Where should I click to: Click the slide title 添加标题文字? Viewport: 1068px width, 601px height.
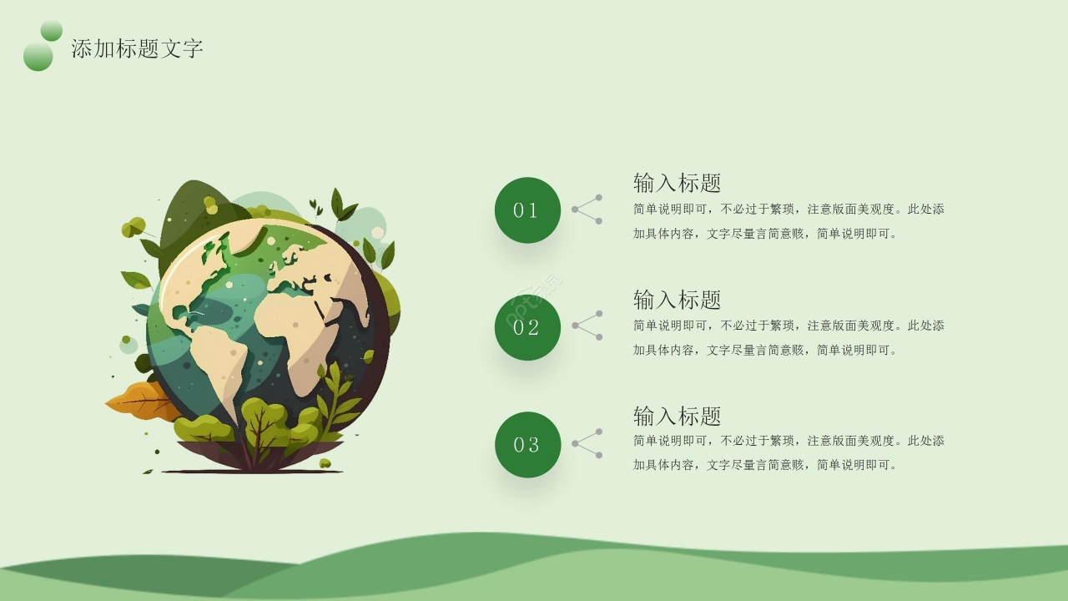point(137,48)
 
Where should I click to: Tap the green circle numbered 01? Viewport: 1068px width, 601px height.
point(527,210)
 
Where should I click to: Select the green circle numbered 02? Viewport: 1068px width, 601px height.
point(527,327)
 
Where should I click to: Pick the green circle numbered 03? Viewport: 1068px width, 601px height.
point(527,445)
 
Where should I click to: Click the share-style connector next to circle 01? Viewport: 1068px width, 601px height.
point(587,210)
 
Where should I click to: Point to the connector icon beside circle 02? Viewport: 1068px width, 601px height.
point(587,326)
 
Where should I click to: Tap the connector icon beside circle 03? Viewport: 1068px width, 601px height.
point(587,443)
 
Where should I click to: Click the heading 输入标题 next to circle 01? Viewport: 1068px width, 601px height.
point(677,183)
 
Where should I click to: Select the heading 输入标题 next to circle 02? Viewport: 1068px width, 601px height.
point(677,300)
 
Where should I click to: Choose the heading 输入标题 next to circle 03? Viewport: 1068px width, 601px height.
point(677,416)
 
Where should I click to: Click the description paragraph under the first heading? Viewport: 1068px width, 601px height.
point(788,221)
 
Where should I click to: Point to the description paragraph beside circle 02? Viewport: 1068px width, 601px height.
point(788,338)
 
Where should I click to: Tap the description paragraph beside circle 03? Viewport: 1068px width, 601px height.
point(788,452)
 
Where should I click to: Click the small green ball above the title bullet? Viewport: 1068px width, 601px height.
point(52,31)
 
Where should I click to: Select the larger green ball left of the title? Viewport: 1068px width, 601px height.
point(38,57)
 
